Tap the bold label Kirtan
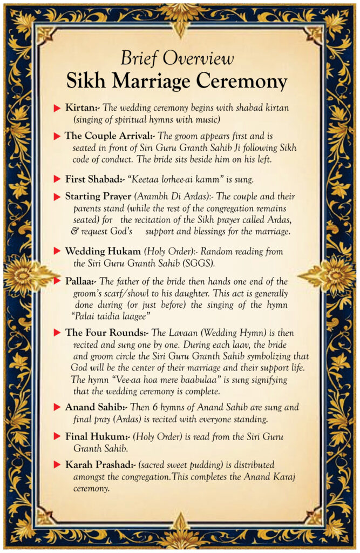point(82,108)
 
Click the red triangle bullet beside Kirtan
point(57,109)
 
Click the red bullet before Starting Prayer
point(57,197)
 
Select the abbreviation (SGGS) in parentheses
point(199,264)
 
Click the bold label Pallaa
point(81,281)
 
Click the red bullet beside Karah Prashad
point(57,464)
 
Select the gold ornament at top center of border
point(180,15)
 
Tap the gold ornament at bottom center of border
point(180,535)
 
